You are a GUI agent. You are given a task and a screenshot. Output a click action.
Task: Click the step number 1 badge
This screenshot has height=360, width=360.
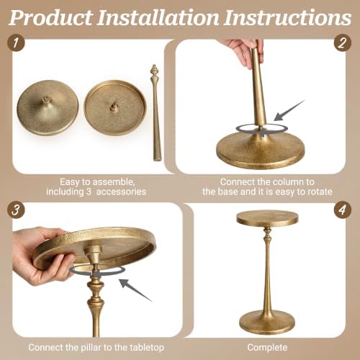(x=16, y=42)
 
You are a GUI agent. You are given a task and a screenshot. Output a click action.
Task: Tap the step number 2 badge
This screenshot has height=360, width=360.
(x=343, y=43)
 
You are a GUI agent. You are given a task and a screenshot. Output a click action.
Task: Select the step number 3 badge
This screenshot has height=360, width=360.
(x=16, y=210)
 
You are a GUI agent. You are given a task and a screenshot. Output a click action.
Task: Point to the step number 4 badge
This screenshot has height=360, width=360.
(x=343, y=210)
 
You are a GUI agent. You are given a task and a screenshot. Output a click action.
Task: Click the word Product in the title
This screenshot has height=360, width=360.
(x=51, y=18)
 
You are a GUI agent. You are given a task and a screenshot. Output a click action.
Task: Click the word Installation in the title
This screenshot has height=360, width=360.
(x=158, y=17)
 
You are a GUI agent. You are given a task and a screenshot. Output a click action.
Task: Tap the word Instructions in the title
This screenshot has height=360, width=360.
(x=287, y=17)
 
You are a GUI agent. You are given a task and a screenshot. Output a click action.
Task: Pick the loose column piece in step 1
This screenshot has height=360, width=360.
(x=156, y=113)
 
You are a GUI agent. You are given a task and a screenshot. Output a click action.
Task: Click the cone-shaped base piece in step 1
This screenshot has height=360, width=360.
(x=48, y=108)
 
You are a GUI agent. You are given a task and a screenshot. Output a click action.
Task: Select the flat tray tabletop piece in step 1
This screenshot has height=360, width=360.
(x=115, y=108)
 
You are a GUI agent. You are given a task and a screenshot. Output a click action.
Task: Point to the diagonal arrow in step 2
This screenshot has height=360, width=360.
(x=289, y=110)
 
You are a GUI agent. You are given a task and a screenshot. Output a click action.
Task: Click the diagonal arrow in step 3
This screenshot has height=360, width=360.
(x=135, y=289)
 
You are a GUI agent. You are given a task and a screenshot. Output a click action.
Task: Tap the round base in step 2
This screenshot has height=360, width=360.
(x=261, y=149)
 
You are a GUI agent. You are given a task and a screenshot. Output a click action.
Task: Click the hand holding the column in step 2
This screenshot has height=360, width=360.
(x=240, y=52)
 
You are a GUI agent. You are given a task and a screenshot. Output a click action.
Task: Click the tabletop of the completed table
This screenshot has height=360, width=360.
(x=267, y=218)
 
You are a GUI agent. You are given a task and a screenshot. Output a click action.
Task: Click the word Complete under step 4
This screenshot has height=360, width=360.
(x=267, y=348)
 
